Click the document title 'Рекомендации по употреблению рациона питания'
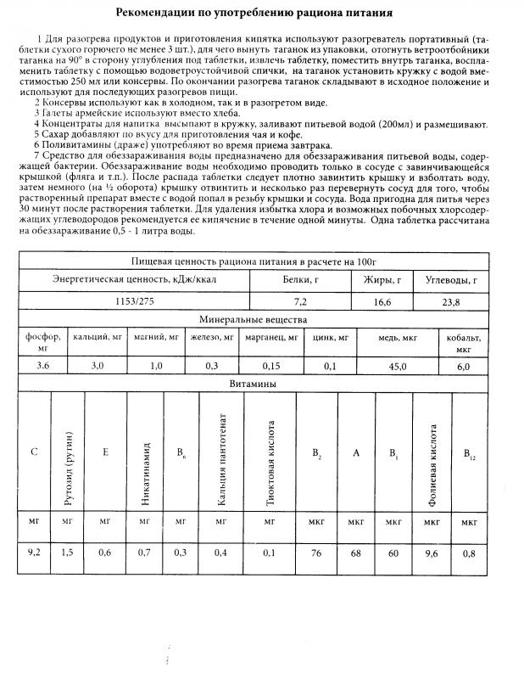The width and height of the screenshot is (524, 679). pyautogui.click(x=262, y=14)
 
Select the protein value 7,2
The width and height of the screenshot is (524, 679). pyautogui.click(x=300, y=301)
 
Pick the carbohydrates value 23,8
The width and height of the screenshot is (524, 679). pyautogui.click(x=457, y=301)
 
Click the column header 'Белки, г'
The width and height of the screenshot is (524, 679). pyautogui.click(x=300, y=278)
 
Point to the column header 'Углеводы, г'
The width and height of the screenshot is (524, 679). pyautogui.click(x=457, y=278)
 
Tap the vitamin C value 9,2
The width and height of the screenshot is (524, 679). pyautogui.click(x=34, y=553)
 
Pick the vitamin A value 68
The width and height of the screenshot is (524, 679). pyautogui.click(x=356, y=553)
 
